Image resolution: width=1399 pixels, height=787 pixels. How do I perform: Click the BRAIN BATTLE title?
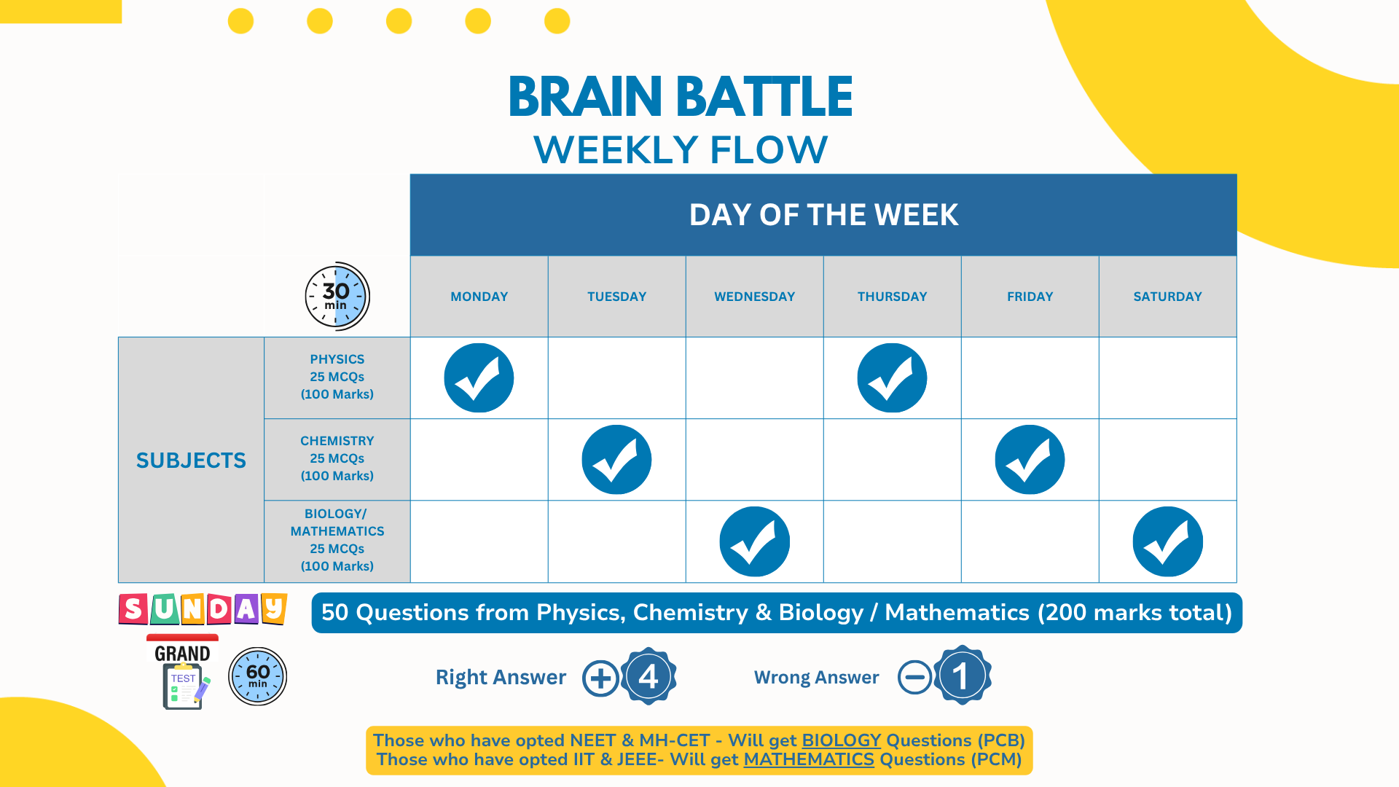tap(680, 97)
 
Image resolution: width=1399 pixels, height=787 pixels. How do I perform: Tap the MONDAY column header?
tap(479, 297)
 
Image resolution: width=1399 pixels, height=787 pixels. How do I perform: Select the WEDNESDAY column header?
tap(754, 297)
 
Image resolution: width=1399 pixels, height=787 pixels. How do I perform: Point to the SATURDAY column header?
tap(1167, 297)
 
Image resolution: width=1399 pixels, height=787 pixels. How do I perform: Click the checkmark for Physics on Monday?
tap(479, 378)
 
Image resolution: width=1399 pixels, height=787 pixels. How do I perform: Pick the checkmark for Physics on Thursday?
tap(892, 378)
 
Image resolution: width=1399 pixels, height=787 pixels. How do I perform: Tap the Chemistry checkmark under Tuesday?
tap(616, 460)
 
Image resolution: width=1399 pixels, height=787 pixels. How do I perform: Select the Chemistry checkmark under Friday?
tap(1030, 460)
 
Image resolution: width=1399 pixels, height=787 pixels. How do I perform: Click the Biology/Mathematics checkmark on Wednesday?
tap(754, 541)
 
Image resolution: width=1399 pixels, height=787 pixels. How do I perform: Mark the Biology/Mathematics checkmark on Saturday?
tap(1167, 541)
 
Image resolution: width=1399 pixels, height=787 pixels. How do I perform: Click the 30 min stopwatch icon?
tap(337, 296)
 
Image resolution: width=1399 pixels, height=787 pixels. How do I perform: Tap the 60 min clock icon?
tap(257, 676)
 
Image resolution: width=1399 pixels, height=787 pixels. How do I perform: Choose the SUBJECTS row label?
tap(191, 461)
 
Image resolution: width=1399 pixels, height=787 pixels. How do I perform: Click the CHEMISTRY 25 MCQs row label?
tap(337, 458)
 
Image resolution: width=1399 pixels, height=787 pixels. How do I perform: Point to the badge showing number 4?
tap(648, 676)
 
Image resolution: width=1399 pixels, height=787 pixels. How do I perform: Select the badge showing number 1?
tap(962, 676)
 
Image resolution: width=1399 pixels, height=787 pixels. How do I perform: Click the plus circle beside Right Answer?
tap(600, 678)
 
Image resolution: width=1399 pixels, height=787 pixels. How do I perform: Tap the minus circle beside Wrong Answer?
tap(914, 677)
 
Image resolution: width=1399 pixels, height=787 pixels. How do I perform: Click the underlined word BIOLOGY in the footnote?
tap(841, 740)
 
